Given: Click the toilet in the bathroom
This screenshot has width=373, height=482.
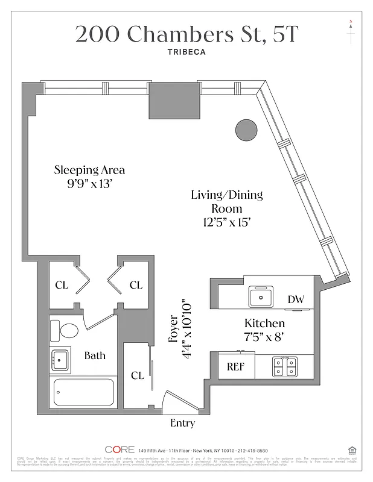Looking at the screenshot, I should coord(66,330).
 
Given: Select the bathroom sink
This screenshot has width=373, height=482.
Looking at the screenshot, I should coord(59,359).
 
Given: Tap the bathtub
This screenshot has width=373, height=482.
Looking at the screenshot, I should coord(84,392).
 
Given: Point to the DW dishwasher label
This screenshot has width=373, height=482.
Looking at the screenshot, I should coord(296,299).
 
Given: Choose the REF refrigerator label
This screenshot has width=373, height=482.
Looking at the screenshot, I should coord(235,366).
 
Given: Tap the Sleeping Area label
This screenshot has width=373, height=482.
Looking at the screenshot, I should coord(89,170).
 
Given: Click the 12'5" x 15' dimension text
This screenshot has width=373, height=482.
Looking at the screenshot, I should coord(226,222).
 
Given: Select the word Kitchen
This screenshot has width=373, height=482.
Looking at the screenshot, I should coord(264,324).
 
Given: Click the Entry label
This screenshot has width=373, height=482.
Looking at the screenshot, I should coord(182,423).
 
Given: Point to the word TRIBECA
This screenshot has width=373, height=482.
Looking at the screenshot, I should coord(186,52).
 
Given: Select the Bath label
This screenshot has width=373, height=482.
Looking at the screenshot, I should coord(95,355).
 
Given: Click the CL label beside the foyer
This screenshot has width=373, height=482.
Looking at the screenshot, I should coord(138,375).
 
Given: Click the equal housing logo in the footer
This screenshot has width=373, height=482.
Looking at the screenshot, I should coord(352,449).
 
